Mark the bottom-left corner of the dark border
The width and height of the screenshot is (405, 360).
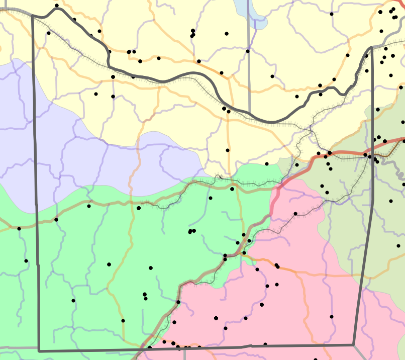39,351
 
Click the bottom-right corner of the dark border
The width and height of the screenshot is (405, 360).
353,345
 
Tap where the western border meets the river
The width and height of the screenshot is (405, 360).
33,16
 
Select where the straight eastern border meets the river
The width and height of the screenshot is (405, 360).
372,48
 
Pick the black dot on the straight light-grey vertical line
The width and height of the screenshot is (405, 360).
248,51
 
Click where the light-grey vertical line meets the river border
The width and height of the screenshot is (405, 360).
249,115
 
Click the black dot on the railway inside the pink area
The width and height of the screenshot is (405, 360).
295,214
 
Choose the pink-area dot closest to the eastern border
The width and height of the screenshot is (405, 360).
332,317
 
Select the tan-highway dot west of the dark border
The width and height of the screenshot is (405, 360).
19,229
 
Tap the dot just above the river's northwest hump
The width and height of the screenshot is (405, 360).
57,6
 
